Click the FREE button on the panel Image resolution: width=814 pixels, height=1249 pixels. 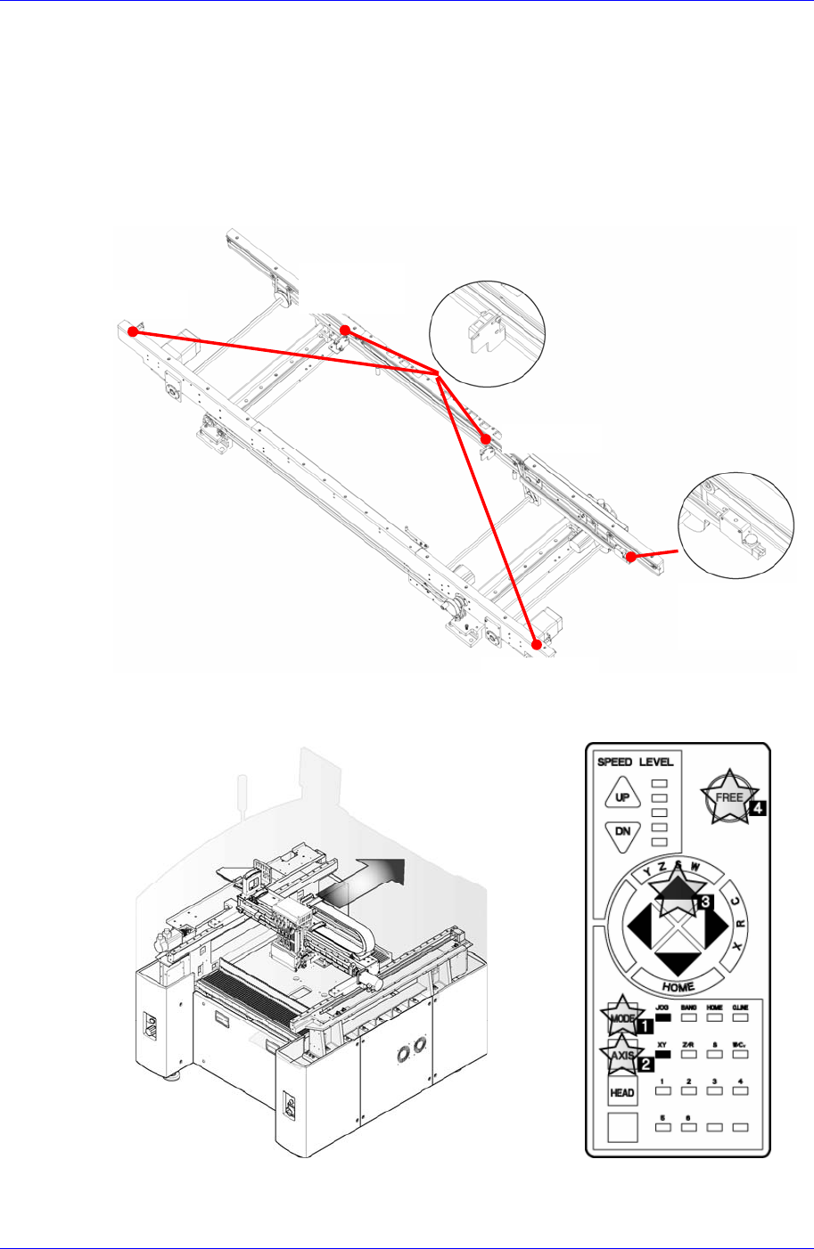729,796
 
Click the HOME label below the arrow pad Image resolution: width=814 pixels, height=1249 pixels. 678,987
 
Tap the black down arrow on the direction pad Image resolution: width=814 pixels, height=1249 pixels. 679,961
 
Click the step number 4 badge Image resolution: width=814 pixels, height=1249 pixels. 758,808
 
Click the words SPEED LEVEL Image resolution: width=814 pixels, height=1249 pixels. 635,762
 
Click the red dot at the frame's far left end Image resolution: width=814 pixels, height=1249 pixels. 132,331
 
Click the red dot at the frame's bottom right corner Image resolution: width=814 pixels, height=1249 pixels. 537,644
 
